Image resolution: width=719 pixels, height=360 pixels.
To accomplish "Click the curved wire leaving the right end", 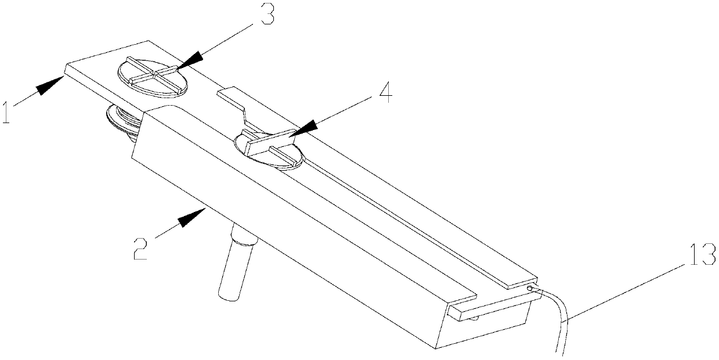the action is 560,325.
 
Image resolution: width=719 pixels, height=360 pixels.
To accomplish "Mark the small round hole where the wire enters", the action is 529,287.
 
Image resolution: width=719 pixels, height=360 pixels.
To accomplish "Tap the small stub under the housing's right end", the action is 474,317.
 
